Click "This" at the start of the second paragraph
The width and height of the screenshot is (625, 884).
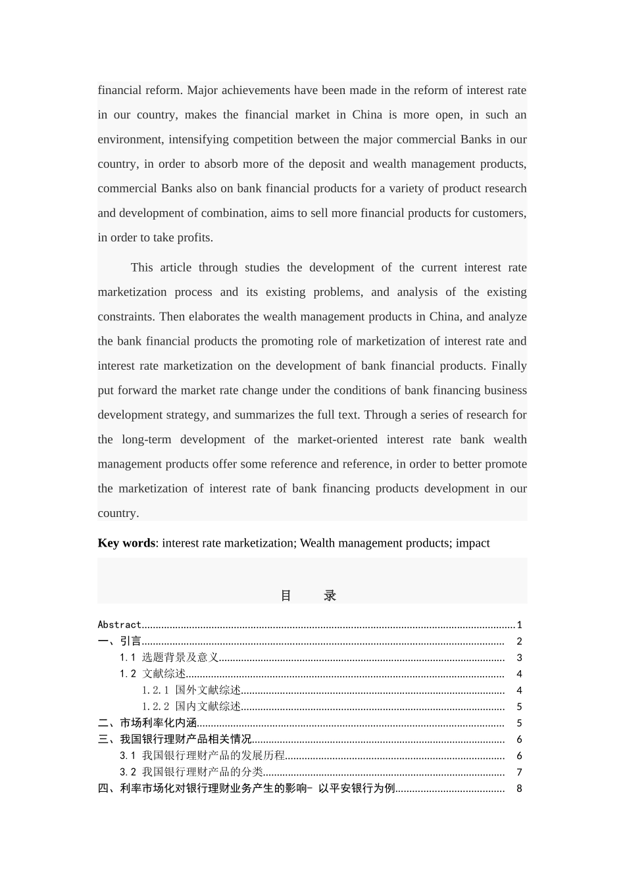point(141,268)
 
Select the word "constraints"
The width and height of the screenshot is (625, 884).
point(126,316)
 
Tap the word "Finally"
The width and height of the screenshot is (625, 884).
point(509,366)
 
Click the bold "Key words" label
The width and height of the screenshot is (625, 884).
point(126,543)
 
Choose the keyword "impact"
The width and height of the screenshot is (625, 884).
point(472,543)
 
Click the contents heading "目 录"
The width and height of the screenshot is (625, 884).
point(309,596)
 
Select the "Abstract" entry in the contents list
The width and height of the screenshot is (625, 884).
point(119,625)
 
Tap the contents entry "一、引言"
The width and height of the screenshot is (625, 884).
point(119,641)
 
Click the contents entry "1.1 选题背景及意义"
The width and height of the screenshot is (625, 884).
point(169,658)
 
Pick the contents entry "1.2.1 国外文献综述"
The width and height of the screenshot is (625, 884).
point(191,691)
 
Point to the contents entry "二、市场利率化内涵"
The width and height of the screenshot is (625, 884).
point(147,724)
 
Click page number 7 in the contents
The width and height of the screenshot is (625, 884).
point(519,773)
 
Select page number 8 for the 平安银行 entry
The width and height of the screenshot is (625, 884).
point(519,789)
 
